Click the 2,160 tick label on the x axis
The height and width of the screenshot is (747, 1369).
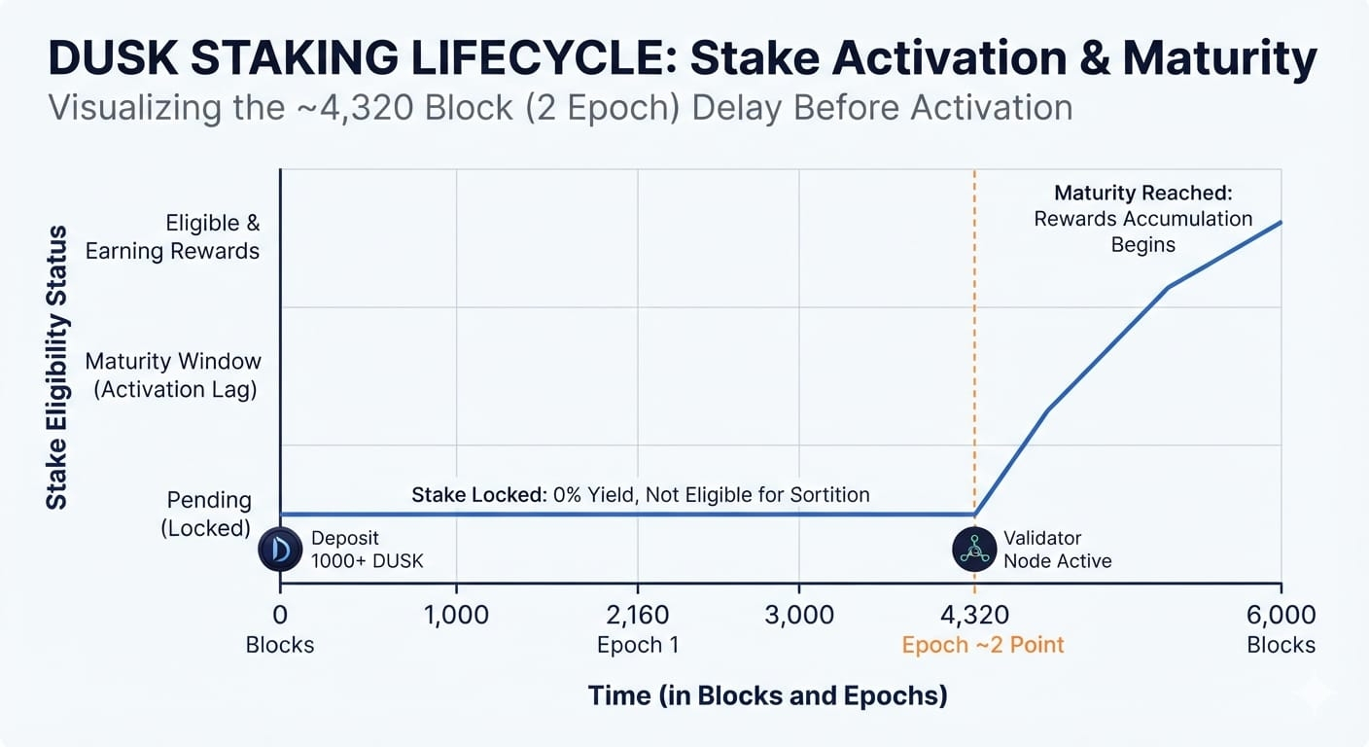(638, 615)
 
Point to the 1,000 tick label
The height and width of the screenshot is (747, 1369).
(456, 615)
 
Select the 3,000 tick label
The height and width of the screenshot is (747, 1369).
(799, 615)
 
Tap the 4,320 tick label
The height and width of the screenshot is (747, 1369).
(974, 615)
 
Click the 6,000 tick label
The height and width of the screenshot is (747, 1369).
(1281, 615)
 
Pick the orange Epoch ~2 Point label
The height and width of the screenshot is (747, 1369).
(983, 645)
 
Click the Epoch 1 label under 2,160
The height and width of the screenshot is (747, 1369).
(638, 645)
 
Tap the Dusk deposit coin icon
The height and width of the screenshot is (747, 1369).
(280, 549)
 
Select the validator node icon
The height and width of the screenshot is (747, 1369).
(974, 549)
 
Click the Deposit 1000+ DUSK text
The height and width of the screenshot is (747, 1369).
(367, 549)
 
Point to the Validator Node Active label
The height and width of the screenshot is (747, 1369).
(1057, 549)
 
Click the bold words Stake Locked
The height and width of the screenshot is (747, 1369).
(479, 494)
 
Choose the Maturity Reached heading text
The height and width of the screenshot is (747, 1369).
(1142, 194)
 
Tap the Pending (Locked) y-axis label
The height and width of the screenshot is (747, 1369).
(206, 515)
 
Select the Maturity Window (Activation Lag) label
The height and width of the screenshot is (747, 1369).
(174, 375)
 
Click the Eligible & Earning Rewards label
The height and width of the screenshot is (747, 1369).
(172, 236)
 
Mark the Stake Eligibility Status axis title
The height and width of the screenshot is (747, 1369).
(56, 368)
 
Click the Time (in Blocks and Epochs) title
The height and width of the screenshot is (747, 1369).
(767, 696)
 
